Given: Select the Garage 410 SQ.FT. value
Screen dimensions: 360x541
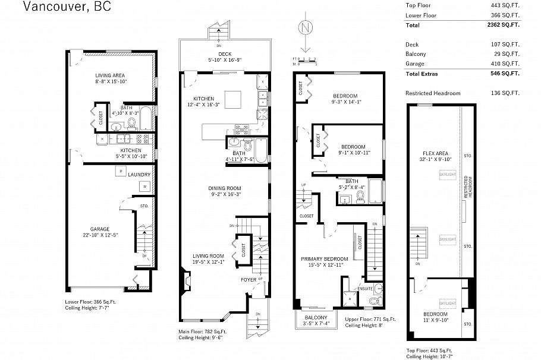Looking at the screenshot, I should point(507,64).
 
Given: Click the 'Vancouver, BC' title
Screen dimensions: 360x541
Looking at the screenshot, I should point(66,7).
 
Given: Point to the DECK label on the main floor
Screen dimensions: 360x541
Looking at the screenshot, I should point(224,54).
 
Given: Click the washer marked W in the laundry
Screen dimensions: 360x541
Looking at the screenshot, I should point(143,187).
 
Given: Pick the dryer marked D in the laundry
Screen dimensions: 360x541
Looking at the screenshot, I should point(121,171).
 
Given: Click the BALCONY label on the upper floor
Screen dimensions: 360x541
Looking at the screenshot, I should point(315,318).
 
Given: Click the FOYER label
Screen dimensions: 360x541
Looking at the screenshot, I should point(248,279).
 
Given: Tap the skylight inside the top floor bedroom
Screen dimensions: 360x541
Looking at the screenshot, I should point(447,303).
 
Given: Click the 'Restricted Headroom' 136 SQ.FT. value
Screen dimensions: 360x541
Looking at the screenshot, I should point(507,93).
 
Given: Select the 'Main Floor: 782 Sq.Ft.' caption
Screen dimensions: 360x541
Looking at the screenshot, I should point(202,331).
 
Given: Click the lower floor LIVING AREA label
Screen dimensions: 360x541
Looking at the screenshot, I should point(112,75).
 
